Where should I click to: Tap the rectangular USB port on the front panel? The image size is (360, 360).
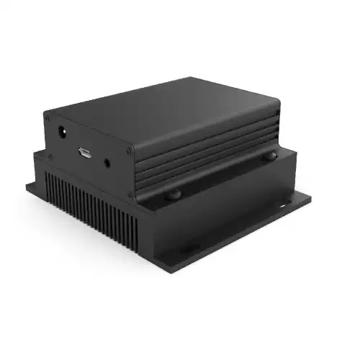coord(85,153)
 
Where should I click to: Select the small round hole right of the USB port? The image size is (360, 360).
coord(107,163)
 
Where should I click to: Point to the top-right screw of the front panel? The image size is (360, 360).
coord(130,150)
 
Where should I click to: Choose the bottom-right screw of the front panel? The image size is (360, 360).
coord(130,194)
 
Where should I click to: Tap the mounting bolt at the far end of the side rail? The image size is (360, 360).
coord(271,156)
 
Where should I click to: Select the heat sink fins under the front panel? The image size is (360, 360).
coord(90,205)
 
